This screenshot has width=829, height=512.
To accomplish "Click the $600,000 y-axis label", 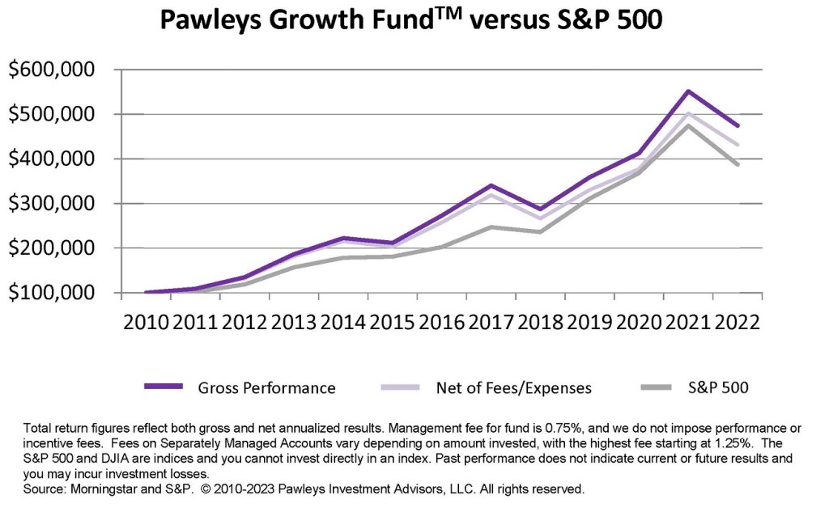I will coord(62,70).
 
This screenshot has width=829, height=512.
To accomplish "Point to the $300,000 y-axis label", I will coord(62,204).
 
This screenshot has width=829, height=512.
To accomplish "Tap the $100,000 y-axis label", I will coord(62,293).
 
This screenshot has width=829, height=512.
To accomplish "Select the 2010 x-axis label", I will coord(146,321).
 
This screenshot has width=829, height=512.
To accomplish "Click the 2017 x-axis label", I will coord(491,321).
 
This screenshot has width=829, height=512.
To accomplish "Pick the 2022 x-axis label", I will coord(737,321).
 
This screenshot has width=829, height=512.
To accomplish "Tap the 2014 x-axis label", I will coord(343,321).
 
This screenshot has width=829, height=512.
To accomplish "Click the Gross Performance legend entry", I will coord(266,387).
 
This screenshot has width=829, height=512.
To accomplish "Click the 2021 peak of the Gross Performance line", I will coord(688,91).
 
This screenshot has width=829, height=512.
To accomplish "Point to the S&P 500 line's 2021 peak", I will coord(688,125).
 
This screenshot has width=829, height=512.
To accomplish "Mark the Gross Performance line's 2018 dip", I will coord(540,209).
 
